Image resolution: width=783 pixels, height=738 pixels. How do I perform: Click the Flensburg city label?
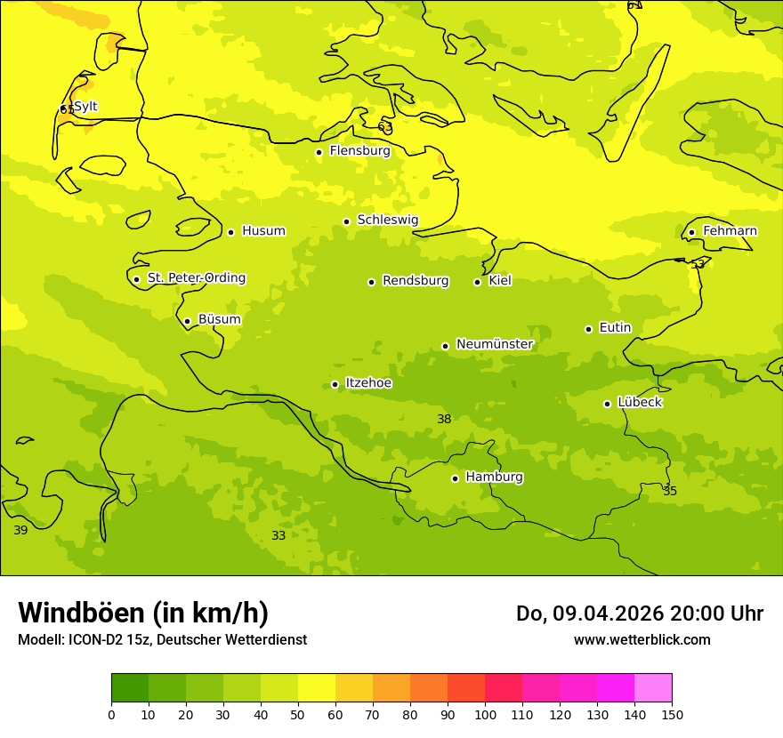click(359, 151)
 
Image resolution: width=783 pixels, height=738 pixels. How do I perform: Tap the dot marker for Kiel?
click(478, 282)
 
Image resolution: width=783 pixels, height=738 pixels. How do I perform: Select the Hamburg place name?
click(494, 477)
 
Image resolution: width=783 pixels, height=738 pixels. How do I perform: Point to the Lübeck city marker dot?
click(608, 404)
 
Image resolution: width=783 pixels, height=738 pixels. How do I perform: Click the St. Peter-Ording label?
click(196, 278)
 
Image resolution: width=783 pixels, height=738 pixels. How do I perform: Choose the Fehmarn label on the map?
click(730, 231)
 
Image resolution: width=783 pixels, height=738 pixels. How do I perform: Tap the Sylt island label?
click(85, 107)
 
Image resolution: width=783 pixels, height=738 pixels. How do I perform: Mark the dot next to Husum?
click(231, 232)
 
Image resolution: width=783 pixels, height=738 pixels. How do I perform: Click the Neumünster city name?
click(495, 344)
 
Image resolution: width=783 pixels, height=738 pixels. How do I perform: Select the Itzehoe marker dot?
click(335, 384)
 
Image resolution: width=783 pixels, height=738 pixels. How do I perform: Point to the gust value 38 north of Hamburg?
click(444, 419)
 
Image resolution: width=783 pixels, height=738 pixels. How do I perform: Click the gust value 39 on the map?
click(20, 530)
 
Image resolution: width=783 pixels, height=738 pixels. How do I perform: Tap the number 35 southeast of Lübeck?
click(670, 491)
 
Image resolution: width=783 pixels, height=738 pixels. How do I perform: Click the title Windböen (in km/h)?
click(143, 613)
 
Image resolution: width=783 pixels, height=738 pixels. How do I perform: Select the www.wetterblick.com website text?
click(642, 639)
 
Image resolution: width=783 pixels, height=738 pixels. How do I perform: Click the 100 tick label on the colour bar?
click(485, 714)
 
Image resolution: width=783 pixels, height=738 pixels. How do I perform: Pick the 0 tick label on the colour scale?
click(111, 714)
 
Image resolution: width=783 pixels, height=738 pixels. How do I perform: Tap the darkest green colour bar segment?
click(130, 687)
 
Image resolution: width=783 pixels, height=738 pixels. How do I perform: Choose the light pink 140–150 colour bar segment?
click(653, 687)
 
